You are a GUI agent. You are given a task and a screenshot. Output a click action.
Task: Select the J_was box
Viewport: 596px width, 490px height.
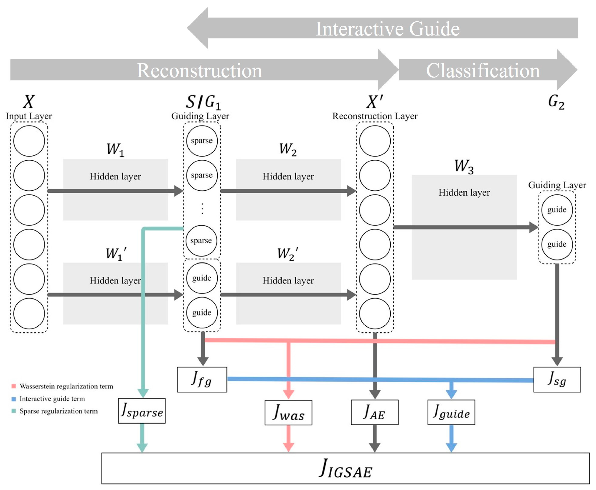(x=288, y=413)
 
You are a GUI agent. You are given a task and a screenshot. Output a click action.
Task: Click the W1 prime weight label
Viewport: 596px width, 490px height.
(x=116, y=254)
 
